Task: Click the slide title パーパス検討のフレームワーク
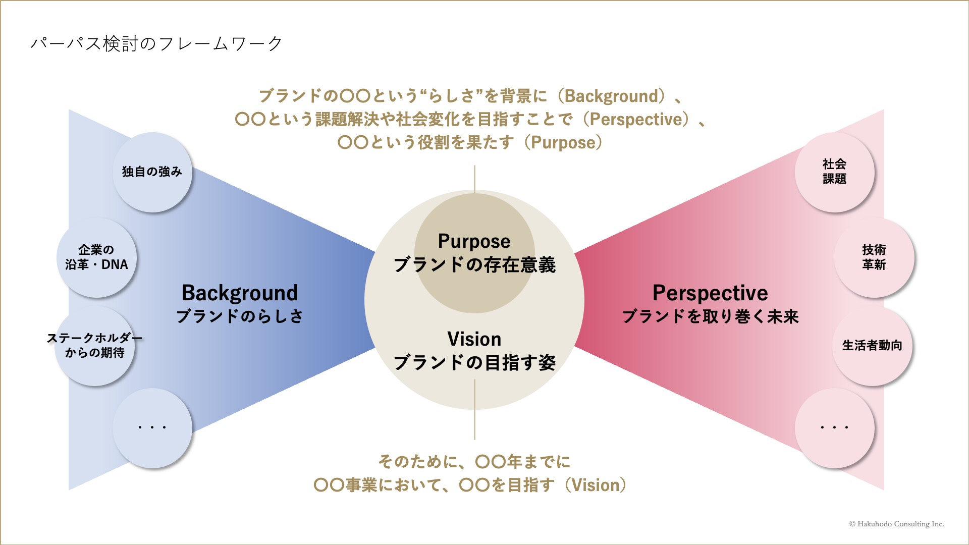pos(156,44)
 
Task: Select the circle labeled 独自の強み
pos(152,172)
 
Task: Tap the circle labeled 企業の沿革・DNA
pos(96,257)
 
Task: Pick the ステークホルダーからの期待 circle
pos(94,346)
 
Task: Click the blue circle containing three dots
pos(152,428)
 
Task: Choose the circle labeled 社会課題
pos(834,172)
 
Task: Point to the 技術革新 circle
pos(874,257)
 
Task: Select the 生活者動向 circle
pos(872,346)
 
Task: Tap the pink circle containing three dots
pos(834,428)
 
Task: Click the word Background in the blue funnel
pos(240,293)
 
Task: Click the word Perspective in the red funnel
pos(710,293)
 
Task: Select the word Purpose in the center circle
pos(474,242)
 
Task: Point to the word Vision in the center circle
pos(474,339)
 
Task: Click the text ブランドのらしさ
pos(240,316)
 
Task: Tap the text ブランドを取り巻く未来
pos(711,316)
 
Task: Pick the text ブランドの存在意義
pos(474,265)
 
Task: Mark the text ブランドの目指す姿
pos(474,363)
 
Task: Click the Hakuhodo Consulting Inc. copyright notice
pos(896,524)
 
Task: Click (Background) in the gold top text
pos(612,96)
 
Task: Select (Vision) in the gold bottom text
pos(596,485)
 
